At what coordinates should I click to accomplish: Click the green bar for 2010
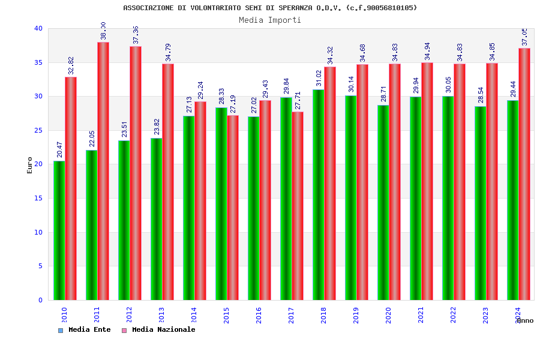[59, 230]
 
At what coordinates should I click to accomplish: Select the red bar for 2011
[103, 171]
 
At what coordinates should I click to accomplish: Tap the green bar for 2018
[318, 195]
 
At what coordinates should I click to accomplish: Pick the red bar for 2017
[298, 206]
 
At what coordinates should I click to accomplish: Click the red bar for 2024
[524, 174]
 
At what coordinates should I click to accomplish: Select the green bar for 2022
[448, 198]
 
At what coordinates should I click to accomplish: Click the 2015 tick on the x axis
[226, 315]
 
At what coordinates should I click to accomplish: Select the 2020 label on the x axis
[388, 315]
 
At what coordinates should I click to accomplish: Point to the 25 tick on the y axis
[38, 130]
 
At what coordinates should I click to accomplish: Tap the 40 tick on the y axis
[38, 28]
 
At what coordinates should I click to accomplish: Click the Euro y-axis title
[30, 165]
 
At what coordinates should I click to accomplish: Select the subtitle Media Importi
[270, 20]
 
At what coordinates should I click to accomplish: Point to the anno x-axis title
[524, 320]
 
